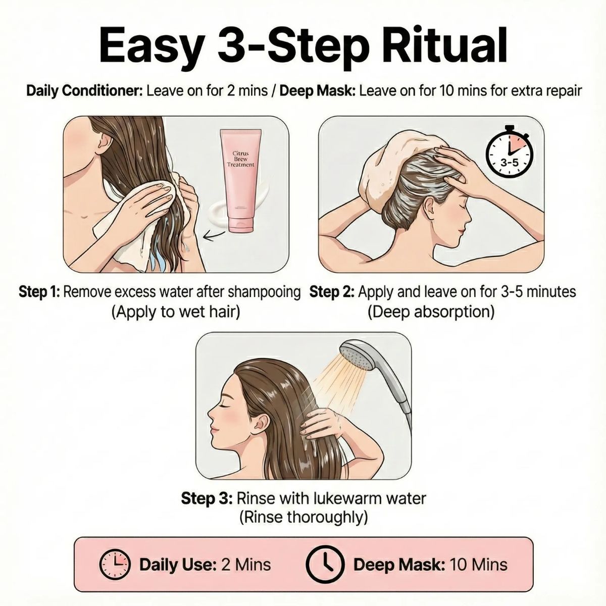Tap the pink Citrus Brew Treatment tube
(241, 181)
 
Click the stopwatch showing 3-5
(510, 155)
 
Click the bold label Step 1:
(39, 292)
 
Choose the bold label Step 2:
(332, 292)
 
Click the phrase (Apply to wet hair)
(176, 313)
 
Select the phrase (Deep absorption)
(431, 313)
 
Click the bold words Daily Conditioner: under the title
(85, 91)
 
